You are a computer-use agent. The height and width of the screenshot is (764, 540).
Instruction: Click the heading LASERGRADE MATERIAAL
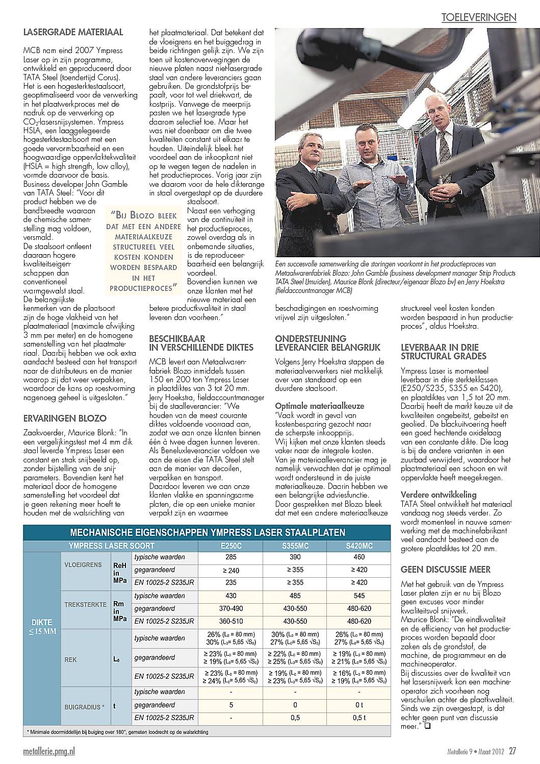point(73,32)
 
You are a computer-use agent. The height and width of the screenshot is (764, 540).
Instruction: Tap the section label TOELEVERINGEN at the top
point(479,17)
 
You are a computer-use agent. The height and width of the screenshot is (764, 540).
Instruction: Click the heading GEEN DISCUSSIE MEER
point(445,569)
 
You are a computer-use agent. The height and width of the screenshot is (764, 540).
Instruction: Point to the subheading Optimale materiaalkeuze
point(320,406)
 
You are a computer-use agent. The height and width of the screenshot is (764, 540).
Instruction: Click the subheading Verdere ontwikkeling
point(439,495)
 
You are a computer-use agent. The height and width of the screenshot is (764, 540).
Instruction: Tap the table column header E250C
point(230,546)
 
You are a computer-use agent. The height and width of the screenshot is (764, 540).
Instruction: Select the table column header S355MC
point(295,546)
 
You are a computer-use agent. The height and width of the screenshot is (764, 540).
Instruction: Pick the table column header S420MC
point(359,546)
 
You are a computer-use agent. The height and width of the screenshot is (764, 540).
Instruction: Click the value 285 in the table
point(230,557)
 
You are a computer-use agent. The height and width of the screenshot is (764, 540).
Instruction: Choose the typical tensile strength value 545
point(359,596)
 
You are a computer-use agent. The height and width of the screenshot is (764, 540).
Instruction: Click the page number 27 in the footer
point(512,751)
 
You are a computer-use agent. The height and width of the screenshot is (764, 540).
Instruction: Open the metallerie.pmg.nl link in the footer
point(49,751)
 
